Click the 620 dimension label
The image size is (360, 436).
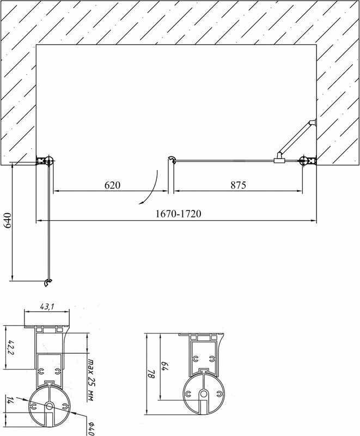112,185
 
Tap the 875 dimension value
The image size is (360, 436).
238,185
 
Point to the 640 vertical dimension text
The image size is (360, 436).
7,221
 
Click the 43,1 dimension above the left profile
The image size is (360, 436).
47,307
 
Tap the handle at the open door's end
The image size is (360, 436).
48,282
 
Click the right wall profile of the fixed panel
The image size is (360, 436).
308,160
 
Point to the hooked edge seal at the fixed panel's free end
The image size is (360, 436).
171,160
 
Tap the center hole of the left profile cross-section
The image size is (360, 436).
48,406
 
